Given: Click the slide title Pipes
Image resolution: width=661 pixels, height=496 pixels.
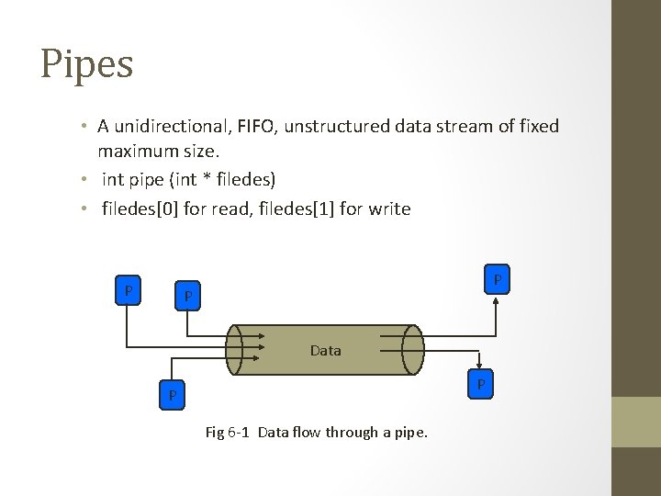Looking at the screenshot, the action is click(x=87, y=64).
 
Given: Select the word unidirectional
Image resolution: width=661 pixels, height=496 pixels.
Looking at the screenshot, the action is click(x=170, y=127).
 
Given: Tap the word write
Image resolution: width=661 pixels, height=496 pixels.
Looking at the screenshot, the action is click(x=389, y=209).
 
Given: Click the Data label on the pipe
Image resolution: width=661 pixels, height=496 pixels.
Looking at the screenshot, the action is click(x=326, y=350).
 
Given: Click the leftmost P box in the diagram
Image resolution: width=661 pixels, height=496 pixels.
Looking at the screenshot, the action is click(x=129, y=291).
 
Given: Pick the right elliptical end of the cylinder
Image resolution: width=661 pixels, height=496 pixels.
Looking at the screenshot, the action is click(x=412, y=350).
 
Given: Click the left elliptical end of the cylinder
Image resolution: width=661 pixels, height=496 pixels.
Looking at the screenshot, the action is click(x=235, y=350).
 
